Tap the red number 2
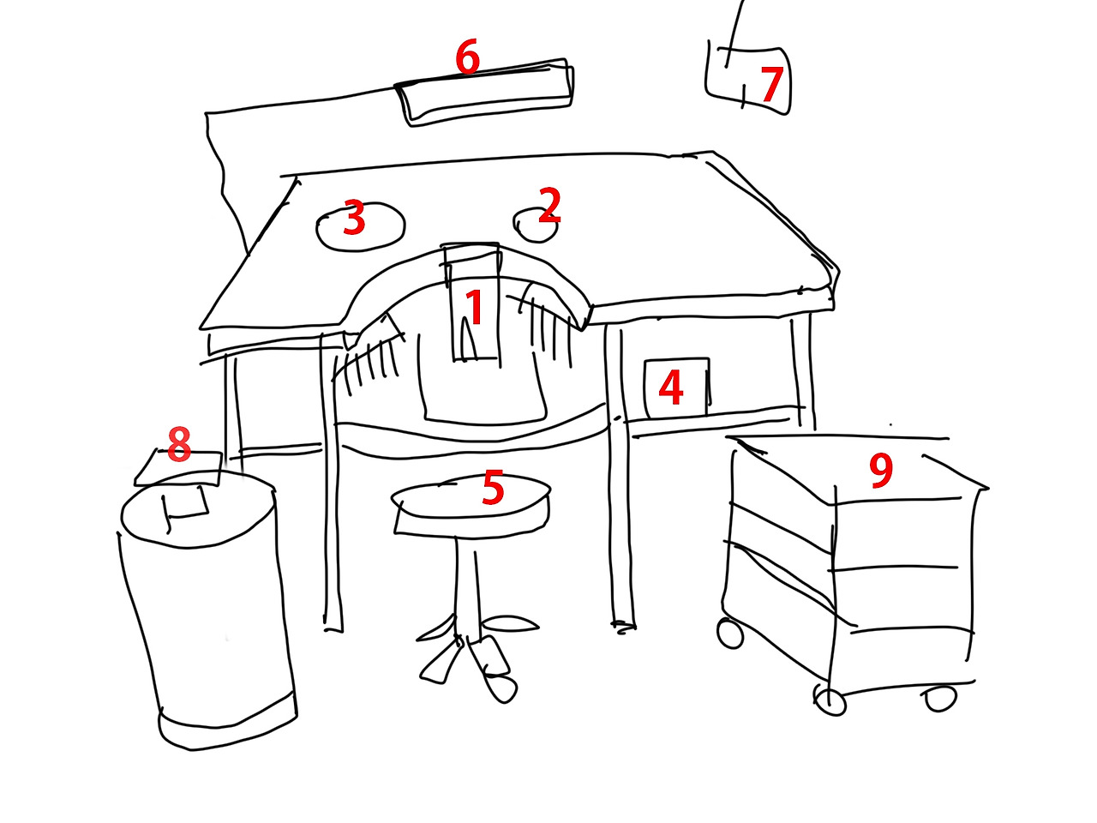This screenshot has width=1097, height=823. coord(549,205)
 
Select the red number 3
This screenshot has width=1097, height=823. coord(354,217)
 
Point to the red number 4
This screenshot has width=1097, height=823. coord(671,387)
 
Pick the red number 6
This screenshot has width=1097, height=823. coord(468,56)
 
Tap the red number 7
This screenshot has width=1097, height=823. coord(771,84)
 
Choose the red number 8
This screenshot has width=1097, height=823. coord(179,444)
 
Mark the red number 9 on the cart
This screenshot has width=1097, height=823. coord(880,470)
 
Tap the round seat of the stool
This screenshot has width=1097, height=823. coord(471,508)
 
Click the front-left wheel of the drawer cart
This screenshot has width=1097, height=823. coord(829,700)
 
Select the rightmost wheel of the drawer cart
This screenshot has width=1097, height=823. coord(940,698)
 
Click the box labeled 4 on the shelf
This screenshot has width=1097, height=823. coord(677,388)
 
